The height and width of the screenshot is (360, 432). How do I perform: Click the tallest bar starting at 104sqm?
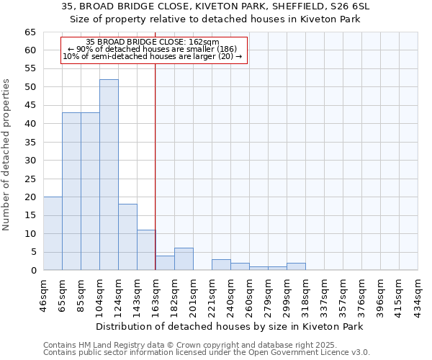(109, 175)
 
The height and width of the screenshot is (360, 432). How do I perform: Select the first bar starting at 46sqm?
(53, 233)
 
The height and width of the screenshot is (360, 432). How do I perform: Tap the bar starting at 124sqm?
(127, 237)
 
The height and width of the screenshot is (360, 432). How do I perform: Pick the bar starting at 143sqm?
(146, 250)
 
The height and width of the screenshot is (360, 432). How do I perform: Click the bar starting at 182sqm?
(184, 259)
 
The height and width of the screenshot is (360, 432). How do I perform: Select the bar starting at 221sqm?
(221, 264)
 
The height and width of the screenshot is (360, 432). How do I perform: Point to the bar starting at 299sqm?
(296, 266)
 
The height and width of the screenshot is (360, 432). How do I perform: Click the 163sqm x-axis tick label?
(156, 293)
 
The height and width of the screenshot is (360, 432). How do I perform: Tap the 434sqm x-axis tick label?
(418, 293)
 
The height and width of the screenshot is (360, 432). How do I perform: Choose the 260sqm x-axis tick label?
(249, 293)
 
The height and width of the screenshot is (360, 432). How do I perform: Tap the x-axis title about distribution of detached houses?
(229, 326)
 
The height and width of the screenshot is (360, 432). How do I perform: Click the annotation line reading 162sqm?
(153, 42)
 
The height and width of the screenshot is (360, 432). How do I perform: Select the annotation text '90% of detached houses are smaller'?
(153, 49)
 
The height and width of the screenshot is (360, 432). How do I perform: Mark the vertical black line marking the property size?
(156, 166)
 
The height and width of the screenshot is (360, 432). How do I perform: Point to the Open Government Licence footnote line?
(207, 352)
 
